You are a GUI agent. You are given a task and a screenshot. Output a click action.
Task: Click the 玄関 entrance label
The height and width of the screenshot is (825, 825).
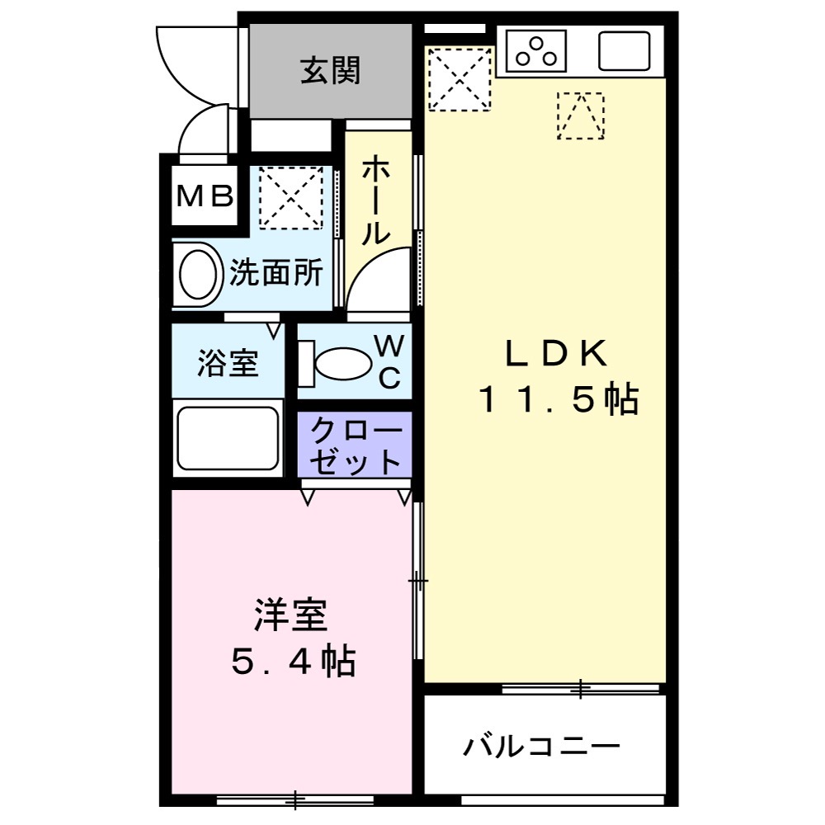click(x=330, y=72)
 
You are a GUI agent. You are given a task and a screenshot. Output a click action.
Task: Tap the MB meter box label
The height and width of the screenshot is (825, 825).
click(x=205, y=196)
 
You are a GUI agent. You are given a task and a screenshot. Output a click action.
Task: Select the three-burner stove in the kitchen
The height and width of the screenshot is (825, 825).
click(x=541, y=51)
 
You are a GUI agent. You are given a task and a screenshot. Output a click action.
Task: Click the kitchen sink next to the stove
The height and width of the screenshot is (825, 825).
click(x=624, y=51)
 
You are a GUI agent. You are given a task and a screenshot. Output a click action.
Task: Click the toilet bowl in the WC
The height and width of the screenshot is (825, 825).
click(x=343, y=363)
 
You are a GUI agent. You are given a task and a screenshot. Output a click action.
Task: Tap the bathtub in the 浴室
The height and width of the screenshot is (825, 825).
click(x=227, y=437)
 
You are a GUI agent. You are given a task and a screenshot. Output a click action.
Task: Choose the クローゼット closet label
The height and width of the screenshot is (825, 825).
click(x=354, y=446)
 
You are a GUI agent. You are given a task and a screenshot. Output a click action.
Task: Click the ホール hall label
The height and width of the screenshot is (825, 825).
click(x=376, y=200)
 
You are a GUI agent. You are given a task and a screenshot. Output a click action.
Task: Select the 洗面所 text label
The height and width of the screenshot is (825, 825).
click(x=276, y=273)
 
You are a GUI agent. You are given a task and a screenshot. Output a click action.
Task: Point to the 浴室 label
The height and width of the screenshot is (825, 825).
click(x=228, y=363)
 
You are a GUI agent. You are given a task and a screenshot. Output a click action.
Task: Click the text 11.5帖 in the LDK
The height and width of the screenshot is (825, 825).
click(x=559, y=401)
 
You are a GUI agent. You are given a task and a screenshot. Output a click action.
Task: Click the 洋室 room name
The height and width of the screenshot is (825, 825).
click(x=291, y=615)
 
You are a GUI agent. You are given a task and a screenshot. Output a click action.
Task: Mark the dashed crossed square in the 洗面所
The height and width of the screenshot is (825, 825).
click(x=290, y=198)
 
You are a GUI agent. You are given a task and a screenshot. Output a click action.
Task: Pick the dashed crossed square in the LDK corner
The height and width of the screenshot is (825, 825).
click(x=460, y=79)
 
